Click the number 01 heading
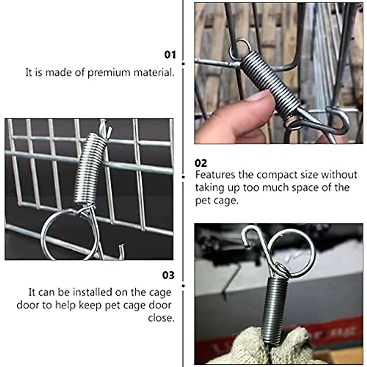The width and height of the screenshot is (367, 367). (x=170, y=55)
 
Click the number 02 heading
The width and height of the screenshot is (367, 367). (x=201, y=163)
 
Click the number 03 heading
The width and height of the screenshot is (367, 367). (x=168, y=275)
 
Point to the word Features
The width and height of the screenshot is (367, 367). (x=215, y=175)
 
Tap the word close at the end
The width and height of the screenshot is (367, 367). (x=161, y=318)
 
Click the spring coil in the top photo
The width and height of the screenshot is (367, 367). (x=269, y=80)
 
